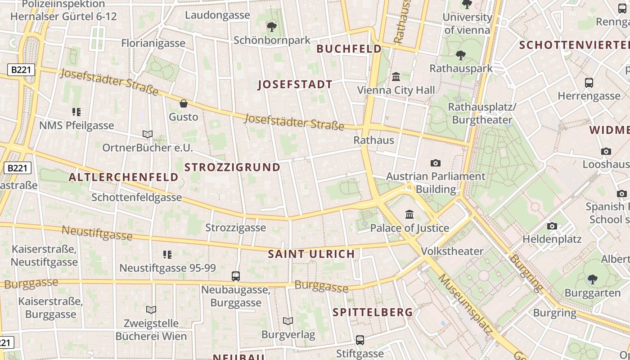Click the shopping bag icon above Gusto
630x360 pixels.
184,103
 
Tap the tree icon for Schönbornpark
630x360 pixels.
271,27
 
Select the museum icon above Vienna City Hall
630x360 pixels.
396,77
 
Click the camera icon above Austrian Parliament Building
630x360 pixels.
435,163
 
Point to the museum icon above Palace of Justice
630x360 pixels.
409,215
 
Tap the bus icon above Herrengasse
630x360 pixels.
589,83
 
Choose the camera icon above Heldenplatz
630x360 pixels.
552,226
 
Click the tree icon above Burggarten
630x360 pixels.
592,279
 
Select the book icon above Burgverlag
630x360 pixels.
288,321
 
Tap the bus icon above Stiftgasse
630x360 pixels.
360,340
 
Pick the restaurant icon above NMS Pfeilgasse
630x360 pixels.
76,112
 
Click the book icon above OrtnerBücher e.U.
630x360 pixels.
148,134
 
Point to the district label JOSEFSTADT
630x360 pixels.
295,85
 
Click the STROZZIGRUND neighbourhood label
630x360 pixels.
232,167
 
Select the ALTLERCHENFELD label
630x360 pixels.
123,177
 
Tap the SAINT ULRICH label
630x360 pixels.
311,254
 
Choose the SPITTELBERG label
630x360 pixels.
373,312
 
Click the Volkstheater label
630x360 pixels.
452,251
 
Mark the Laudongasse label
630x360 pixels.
217,15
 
